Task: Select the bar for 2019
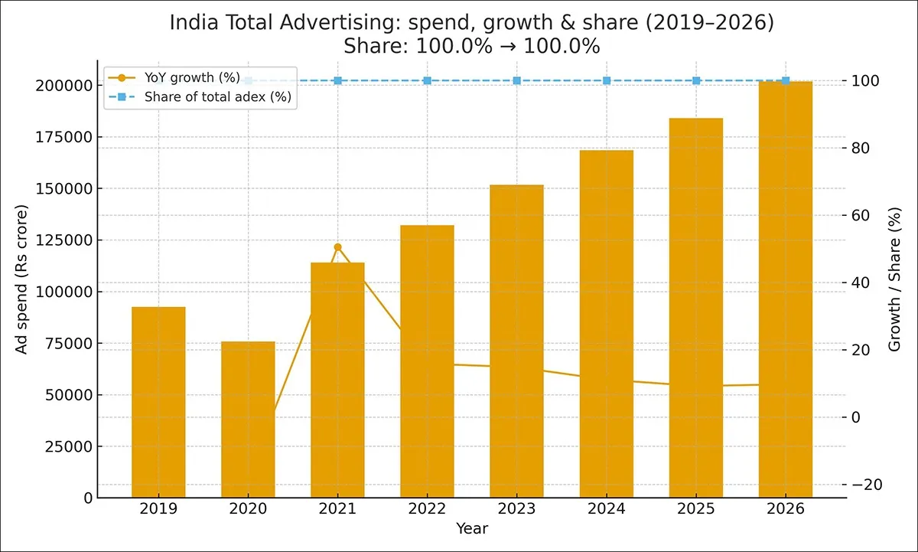[158, 402]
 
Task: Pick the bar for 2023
[516, 341]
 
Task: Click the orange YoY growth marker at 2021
[337, 247]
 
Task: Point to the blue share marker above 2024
[607, 80]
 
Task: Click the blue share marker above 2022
[427, 80]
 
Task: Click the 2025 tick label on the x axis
[696, 508]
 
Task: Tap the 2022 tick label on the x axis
[427, 508]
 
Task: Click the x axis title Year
[472, 528]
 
